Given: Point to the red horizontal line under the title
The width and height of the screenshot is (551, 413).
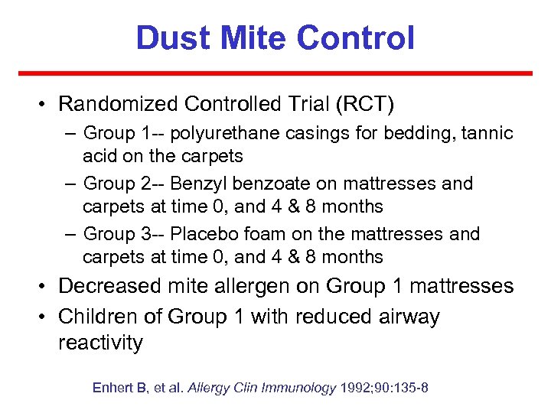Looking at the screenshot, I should click(x=275, y=73).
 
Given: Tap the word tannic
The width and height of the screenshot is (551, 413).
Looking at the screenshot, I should click(x=487, y=134).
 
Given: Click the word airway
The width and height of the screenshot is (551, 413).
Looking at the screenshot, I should click(x=402, y=316).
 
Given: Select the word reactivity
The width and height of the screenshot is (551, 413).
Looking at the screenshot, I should click(x=100, y=343).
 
